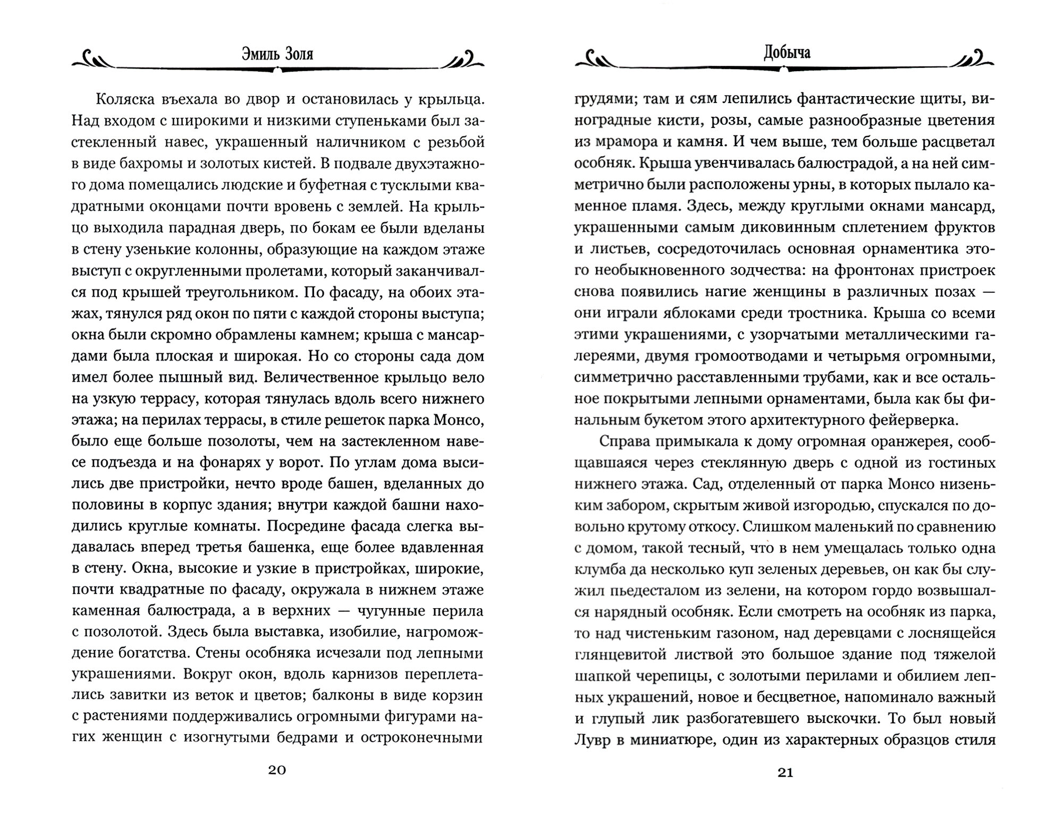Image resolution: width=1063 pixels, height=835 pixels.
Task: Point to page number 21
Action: [785, 773]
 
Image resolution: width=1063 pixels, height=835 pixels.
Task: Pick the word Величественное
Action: [332, 378]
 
